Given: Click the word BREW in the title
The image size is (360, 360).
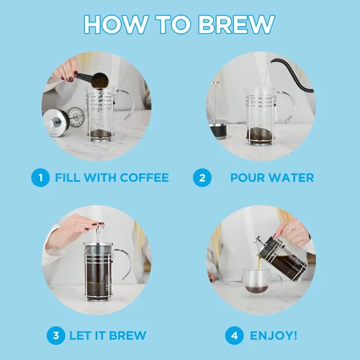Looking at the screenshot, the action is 236,24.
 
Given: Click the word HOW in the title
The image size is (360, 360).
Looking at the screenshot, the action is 117,24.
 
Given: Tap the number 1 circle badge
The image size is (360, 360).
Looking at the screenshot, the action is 40,178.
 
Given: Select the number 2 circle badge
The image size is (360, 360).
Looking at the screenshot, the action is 202,178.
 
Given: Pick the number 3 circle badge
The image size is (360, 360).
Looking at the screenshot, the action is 56,336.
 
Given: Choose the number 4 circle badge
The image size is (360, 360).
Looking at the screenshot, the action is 235,336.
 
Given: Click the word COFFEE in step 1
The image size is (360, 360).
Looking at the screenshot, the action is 144,178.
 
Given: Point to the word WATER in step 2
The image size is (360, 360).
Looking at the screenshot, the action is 291,178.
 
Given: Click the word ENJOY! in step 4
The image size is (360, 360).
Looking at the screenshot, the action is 274,336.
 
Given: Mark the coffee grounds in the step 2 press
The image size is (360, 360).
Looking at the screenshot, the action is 261,135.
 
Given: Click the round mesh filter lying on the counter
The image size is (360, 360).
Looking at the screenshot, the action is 76,116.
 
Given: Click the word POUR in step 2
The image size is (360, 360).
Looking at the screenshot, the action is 247,178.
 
